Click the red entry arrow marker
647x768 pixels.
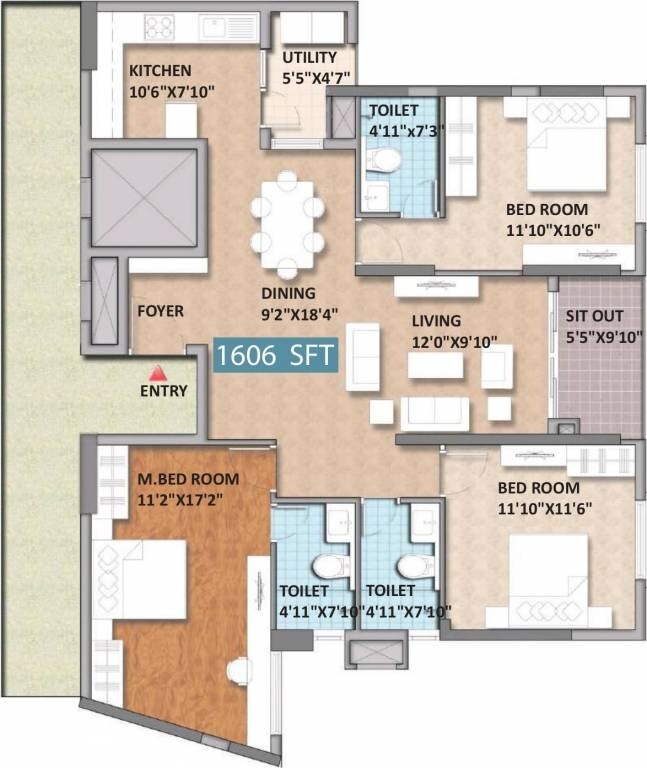point(153,372)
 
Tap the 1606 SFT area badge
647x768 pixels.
point(276,356)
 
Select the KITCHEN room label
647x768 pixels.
point(159,71)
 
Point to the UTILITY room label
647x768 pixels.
point(310,58)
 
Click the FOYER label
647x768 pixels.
point(160,311)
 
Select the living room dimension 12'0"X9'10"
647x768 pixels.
point(454,341)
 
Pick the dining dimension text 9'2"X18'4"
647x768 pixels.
point(288,312)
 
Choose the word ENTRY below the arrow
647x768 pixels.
point(163,391)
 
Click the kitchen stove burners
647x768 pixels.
point(159,27)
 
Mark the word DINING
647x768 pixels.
point(288,293)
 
